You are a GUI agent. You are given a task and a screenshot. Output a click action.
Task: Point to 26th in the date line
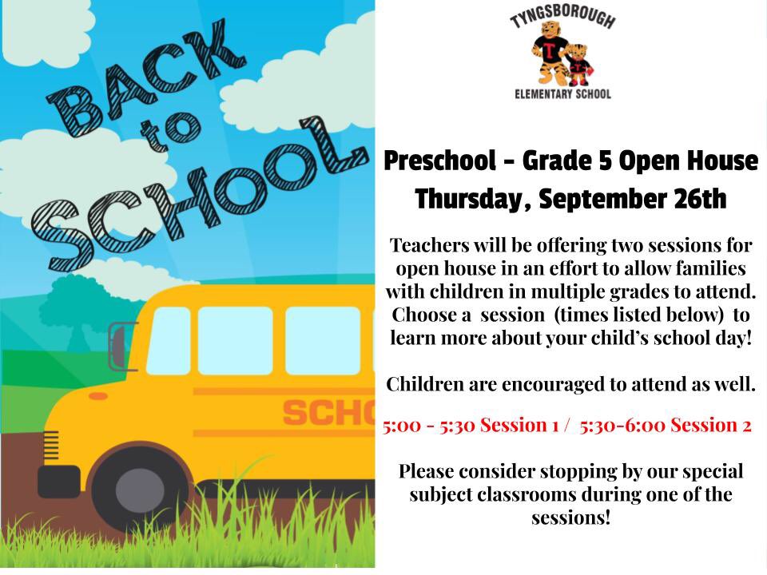coord(697,200)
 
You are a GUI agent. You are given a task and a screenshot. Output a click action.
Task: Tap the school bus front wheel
coord(138,488)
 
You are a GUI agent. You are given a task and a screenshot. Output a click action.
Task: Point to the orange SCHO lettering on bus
coord(328,413)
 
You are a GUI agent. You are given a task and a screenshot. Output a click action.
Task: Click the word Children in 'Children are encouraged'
coord(423,384)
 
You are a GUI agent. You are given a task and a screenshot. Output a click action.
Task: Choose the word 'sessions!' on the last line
coord(570,517)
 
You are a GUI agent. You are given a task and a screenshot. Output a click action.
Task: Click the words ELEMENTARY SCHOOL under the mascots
coord(562,94)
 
